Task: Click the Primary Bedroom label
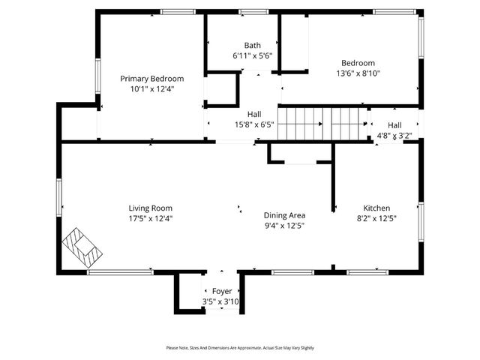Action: (152, 78)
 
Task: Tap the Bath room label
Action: (252, 46)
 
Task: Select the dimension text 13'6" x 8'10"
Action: (358, 73)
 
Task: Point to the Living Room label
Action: (151, 208)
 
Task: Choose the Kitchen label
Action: (376, 208)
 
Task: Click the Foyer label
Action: (221, 291)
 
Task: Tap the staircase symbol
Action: (322, 123)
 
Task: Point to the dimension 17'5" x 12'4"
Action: (151, 218)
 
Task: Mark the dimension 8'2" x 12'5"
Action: (376, 218)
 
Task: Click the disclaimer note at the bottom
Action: (240, 348)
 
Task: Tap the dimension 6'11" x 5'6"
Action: (252, 56)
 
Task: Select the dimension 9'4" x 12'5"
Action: (284, 225)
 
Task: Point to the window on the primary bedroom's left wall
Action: (97, 77)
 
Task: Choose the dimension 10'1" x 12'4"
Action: (152, 88)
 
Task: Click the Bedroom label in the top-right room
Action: (358, 63)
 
